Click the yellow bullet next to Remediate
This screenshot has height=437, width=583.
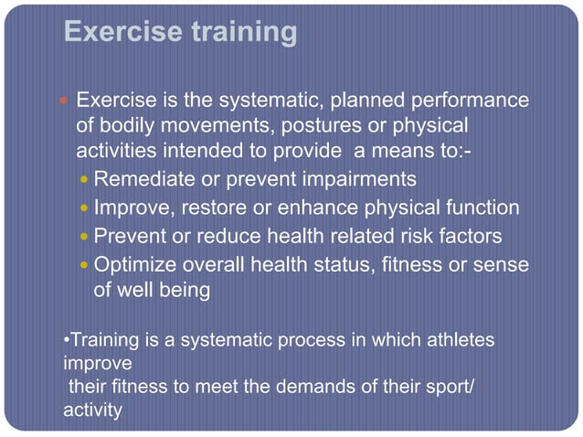point(85,179)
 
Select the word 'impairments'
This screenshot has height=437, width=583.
point(361,179)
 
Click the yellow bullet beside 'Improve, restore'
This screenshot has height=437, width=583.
point(85,208)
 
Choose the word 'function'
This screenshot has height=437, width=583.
point(481,208)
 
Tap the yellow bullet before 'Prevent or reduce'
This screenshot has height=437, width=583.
point(85,237)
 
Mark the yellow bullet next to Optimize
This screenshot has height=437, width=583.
point(85,265)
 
